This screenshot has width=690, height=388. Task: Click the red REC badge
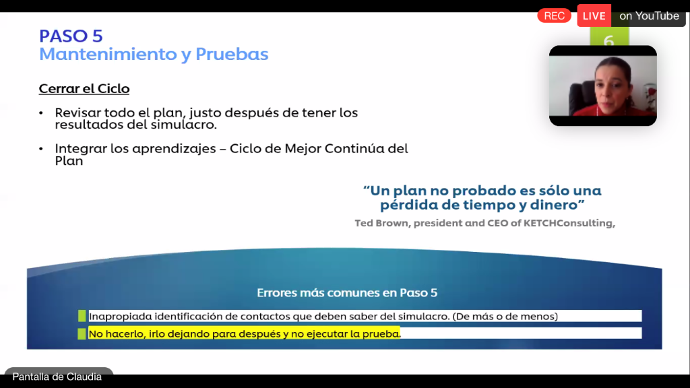pyautogui.click(x=554, y=16)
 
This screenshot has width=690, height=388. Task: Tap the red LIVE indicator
pyautogui.click(x=594, y=16)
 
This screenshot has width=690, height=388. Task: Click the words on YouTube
pyautogui.click(x=649, y=16)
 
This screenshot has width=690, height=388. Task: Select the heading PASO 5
pyautogui.click(x=71, y=36)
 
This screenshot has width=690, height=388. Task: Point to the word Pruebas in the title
pyautogui.click(x=232, y=54)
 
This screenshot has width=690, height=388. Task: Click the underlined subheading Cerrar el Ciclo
pyautogui.click(x=84, y=88)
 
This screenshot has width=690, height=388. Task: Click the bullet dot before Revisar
pyautogui.click(x=41, y=113)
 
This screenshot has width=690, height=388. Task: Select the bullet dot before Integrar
pyautogui.click(x=41, y=149)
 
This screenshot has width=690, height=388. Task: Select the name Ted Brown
pyautogui.click(x=381, y=223)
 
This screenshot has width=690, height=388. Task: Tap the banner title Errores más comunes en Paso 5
pyautogui.click(x=347, y=292)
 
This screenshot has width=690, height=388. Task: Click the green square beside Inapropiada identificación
pyautogui.click(x=82, y=316)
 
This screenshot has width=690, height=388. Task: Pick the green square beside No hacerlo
pyautogui.click(x=82, y=333)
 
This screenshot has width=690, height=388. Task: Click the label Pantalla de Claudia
pyautogui.click(x=57, y=377)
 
